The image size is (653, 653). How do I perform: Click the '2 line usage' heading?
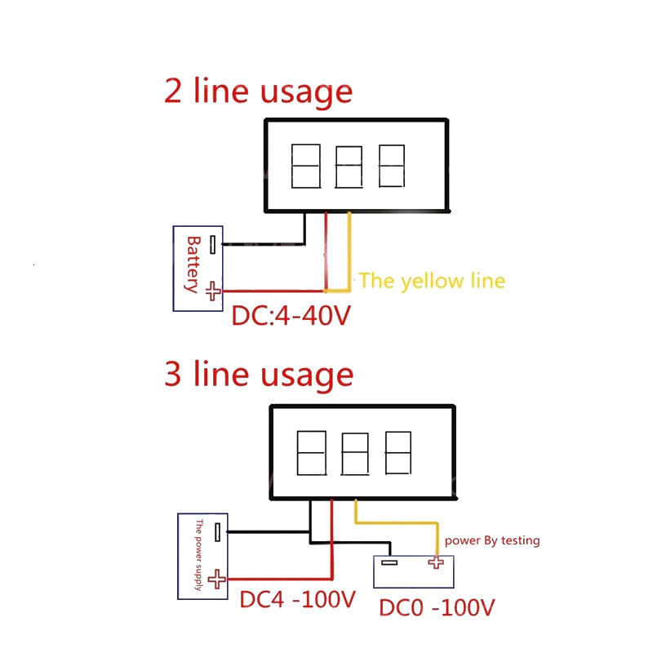point(258,91)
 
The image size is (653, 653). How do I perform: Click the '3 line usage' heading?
point(259,375)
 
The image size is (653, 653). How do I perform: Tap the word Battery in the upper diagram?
point(193,264)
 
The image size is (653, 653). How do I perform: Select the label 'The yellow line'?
point(432,281)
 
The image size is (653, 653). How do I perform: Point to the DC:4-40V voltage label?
point(291,315)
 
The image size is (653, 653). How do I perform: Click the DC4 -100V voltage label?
point(298,600)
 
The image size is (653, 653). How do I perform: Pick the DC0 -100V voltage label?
point(437,608)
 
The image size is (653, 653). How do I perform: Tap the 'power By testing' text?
point(491,540)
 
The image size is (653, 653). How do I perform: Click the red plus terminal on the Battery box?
point(212,291)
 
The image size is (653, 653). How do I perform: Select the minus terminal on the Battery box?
point(212,244)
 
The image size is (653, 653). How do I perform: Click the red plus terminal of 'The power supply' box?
point(216,580)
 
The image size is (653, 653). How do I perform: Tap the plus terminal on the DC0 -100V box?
point(434,562)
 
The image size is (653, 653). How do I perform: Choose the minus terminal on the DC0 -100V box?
point(389,562)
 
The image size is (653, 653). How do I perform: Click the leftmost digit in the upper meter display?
point(305,167)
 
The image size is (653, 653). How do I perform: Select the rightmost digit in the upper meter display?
point(392,167)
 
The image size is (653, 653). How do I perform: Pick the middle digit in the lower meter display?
point(354,454)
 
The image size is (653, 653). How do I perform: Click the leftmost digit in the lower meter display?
point(311,454)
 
